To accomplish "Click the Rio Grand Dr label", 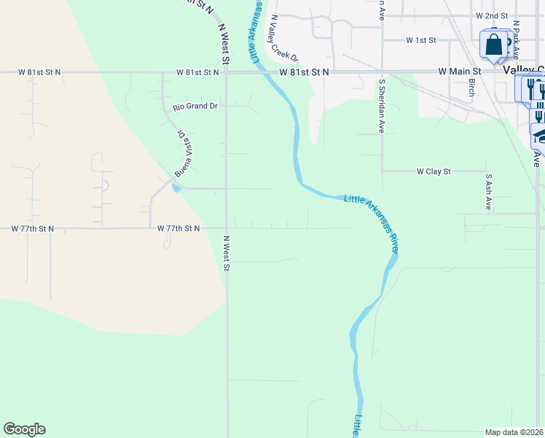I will pos(195,107).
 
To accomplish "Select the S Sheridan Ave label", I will pos(381,106).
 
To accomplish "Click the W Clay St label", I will pos(434,172).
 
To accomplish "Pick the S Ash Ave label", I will pos(488,192).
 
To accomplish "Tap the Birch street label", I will pos(471,88).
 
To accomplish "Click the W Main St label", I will pos(460,72).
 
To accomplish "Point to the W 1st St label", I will pos(420,39).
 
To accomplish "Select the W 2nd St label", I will pos(492,15).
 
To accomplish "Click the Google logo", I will pos(24,429).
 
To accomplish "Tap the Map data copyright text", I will pos(514,432).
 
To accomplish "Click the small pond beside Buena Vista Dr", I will pos(176,188).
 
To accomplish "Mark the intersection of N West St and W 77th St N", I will pos(226,228).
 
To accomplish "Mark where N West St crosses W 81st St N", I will pos(226,72).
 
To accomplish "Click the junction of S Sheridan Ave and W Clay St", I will pos(382,172).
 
